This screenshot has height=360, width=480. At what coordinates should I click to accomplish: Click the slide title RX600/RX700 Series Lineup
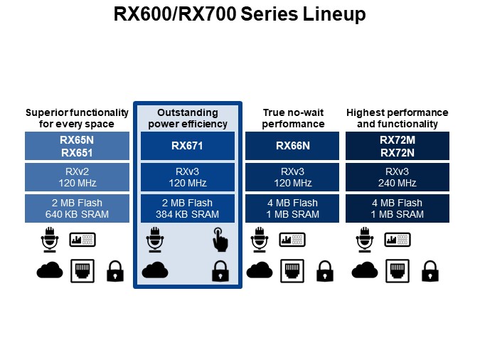240,14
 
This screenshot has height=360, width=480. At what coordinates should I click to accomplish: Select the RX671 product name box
187,146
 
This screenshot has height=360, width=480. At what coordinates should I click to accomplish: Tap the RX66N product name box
292,146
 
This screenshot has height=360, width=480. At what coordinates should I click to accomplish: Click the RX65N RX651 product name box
77,146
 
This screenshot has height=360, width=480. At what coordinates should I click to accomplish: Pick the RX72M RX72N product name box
397,146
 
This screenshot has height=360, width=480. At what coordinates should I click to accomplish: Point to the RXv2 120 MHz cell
77,177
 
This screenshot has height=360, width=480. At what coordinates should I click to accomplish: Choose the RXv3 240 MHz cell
397,177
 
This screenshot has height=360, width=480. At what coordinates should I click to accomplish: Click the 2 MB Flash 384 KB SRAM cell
187,208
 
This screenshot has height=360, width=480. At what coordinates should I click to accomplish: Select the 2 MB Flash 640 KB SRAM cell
77,208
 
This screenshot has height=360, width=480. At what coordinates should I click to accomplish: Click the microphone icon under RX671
154,240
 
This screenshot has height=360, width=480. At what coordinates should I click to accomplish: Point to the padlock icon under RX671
220,270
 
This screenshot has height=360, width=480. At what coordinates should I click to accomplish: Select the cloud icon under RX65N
49,270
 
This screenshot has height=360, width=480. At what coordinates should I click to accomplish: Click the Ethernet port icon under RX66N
292,270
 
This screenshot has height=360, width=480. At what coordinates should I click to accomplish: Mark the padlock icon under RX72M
429,270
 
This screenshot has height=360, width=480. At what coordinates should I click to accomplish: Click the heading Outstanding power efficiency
187,118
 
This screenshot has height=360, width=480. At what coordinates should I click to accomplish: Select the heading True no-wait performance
292,118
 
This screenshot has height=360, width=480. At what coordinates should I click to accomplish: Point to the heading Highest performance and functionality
397,118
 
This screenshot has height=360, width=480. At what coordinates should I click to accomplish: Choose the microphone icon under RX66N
259,240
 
